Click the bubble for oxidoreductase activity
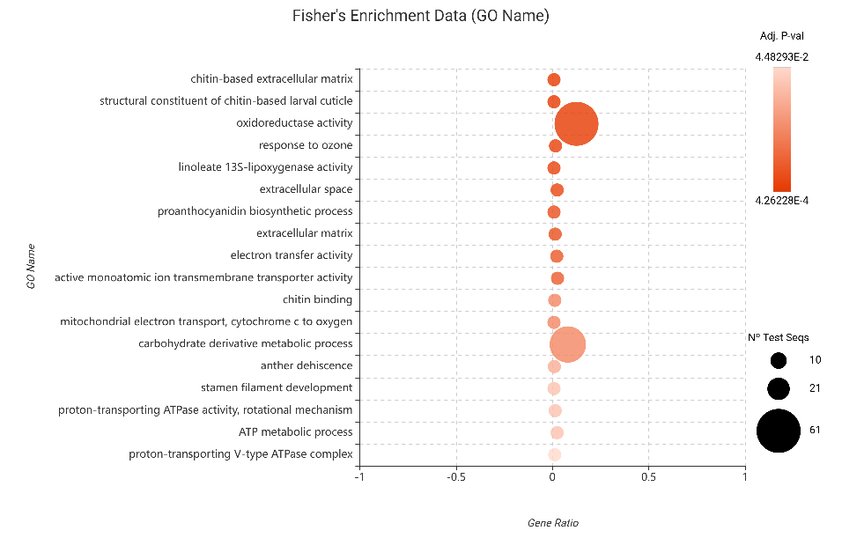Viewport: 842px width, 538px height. pos(576,124)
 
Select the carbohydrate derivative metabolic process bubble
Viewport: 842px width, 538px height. pos(568,344)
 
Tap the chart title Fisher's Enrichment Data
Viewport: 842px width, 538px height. pos(420,16)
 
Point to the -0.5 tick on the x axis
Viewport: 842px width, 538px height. pos(455,477)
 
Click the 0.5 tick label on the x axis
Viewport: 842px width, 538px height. pos(648,477)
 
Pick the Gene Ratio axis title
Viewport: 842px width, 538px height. pos(552,522)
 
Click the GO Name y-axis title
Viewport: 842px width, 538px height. pos(31,266)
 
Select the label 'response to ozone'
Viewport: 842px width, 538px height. pos(306,145)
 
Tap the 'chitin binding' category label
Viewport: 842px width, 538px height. pos(317,299)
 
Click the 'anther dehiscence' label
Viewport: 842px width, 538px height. pos(307,365)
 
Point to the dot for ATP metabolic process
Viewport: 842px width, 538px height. pos(557,433)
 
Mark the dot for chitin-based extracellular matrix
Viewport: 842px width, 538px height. pos(554,80)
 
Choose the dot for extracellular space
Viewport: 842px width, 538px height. pos(557,190)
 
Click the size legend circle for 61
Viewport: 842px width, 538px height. pos(779,431)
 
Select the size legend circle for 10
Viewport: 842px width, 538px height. pos(779,360)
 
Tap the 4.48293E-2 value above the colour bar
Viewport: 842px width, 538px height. pos(781,57)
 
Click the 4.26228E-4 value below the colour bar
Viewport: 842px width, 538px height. pos(781,201)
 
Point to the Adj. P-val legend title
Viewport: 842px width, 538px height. pos(781,36)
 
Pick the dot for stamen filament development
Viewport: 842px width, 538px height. pos(554,388)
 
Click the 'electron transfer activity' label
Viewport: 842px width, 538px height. pos(292,255)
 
